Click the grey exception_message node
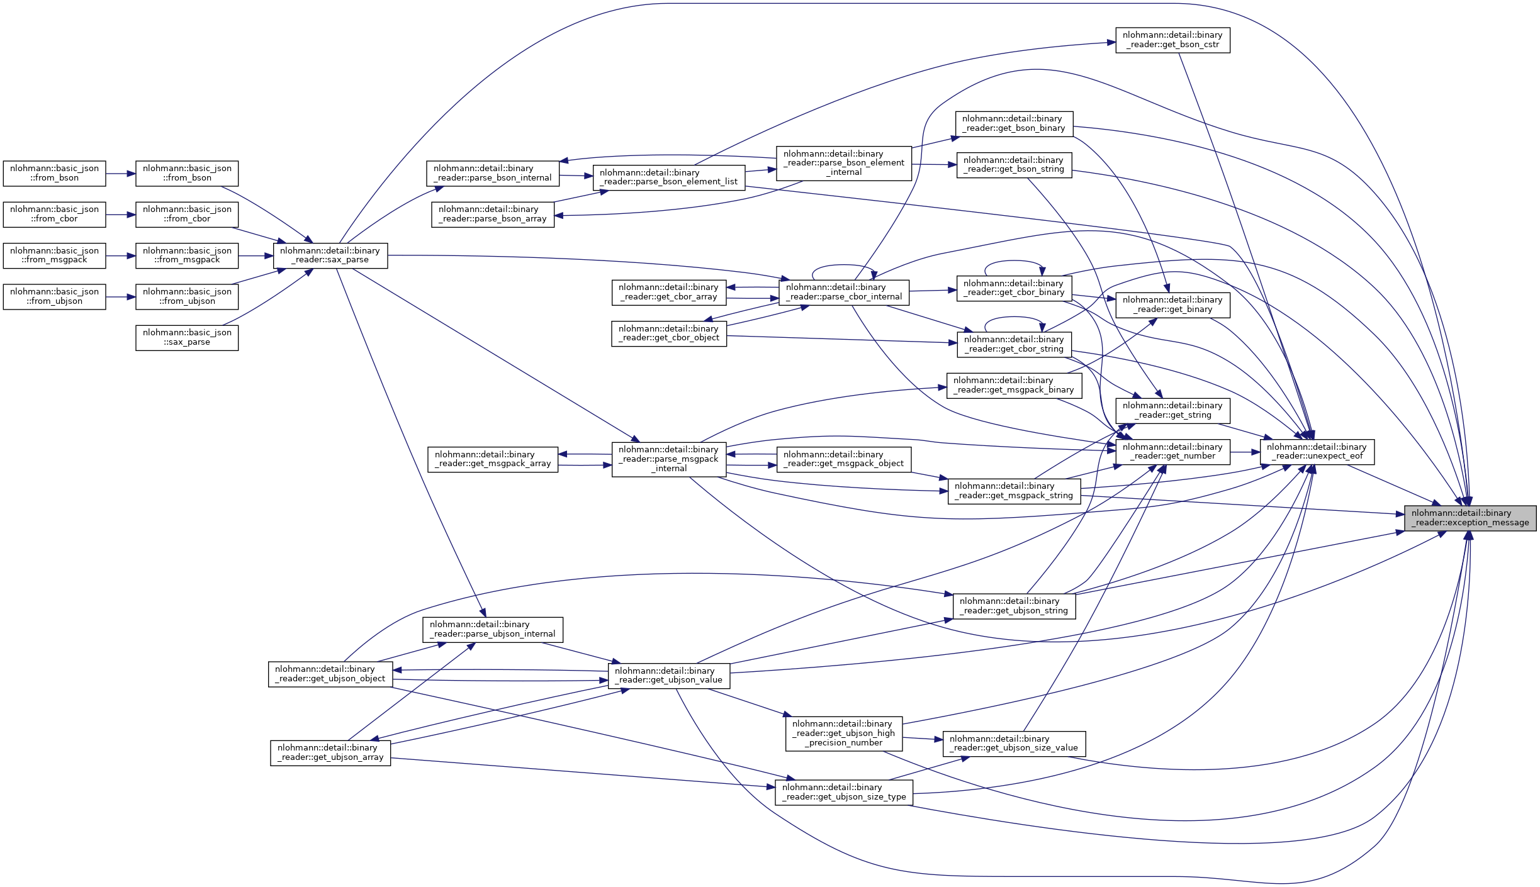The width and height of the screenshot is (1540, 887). pyautogui.click(x=1470, y=518)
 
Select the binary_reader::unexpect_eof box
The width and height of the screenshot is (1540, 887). pyautogui.click(x=1317, y=452)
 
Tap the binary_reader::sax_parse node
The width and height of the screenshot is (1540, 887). pyautogui.click(x=330, y=255)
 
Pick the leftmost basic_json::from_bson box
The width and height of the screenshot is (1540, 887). pyautogui.click(x=54, y=174)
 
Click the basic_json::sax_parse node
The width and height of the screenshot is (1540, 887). pyautogui.click(x=187, y=338)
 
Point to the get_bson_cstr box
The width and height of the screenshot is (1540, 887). pyautogui.click(x=1172, y=40)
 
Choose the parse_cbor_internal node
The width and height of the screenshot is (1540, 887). pyautogui.click(x=843, y=293)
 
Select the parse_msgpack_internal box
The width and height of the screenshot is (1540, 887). pyautogui.click(x=668, y=459)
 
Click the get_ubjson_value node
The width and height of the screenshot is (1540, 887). pyautogui.click(x=668, y=676)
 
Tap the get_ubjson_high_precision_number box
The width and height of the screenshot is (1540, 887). pyautogui.click(x=843, y=734)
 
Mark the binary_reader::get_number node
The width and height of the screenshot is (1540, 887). pyautogui.click(x=1172, y=452)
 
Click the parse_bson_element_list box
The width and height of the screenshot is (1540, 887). pyautogui.click(x=668, y=177)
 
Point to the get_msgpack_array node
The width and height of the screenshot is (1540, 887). pyautogui.click(x=493, y=459)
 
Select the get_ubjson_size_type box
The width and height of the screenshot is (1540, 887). pyautogui.click(x=843, y=792)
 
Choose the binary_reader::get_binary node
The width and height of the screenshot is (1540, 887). pyautogui.click(x=1172, y=305)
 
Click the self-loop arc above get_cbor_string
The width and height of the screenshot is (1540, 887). pyautogui.click(x=1014, y=318)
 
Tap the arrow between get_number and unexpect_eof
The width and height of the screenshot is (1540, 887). pyautogui.click(x=1245, y=452)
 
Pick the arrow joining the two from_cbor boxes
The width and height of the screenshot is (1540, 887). pyautogui.click(x=121, y=215)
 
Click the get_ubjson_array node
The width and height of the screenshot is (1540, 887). pyautogui.click(x=330, y=752)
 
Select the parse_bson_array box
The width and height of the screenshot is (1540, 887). pyautogui.click(x=493, y=215)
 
